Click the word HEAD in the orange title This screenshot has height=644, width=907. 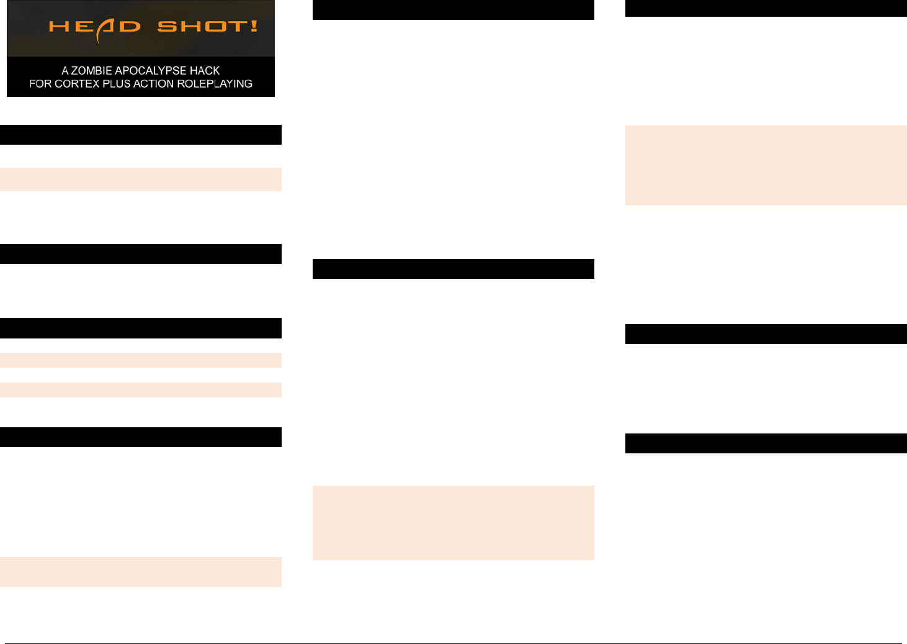click(x=94, y=27)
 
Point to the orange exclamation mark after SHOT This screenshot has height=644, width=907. click(x=254, y=26)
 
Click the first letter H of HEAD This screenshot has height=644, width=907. click(x=59, y=27)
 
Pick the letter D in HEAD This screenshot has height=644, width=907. click(x=130, y=27)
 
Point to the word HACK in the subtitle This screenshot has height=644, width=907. click(x=205, y=71)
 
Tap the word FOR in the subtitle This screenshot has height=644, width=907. click(x=40, y=84)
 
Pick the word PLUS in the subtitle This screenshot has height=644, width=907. click(x=117, y=84)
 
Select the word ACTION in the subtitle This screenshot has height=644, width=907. click(x=154, y=84)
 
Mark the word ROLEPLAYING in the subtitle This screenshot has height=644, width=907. click(x=215, y=84)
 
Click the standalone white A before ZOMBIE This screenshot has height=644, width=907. click(x=65, y=71)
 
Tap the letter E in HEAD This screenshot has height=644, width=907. click(x=83, y=27)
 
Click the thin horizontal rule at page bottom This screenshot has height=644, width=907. click(x=453, y=643)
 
